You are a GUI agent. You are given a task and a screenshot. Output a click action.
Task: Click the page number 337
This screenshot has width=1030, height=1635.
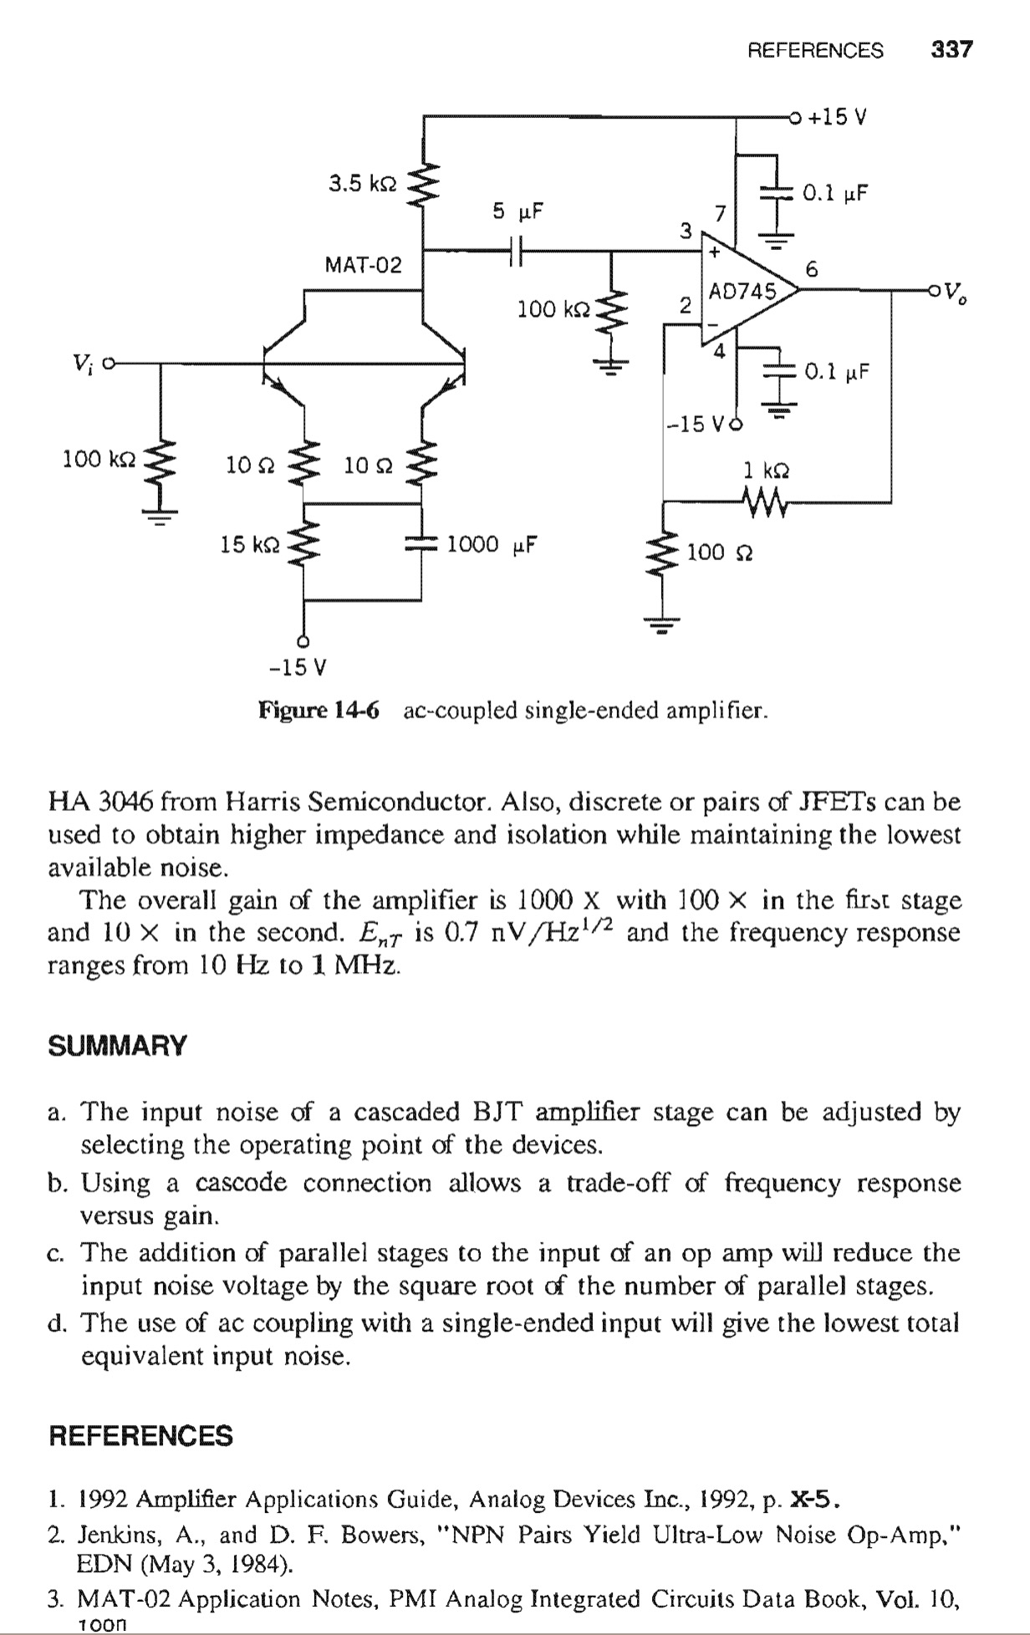point(952,50)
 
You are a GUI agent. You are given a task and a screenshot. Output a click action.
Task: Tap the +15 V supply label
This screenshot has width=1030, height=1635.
point(838,117)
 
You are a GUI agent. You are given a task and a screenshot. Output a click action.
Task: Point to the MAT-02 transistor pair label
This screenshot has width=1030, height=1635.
point(363,266)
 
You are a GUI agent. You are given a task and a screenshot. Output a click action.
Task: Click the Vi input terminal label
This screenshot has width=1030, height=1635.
point(82,364)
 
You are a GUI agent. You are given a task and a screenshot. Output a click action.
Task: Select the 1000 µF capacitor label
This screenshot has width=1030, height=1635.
point(491,545)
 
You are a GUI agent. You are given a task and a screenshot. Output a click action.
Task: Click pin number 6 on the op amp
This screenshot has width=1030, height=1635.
point(810,269)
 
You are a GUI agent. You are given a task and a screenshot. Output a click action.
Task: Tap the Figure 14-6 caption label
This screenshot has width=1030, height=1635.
point(319,711)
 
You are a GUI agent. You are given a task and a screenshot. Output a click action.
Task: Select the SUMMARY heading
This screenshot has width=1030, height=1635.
point(118,1046)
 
